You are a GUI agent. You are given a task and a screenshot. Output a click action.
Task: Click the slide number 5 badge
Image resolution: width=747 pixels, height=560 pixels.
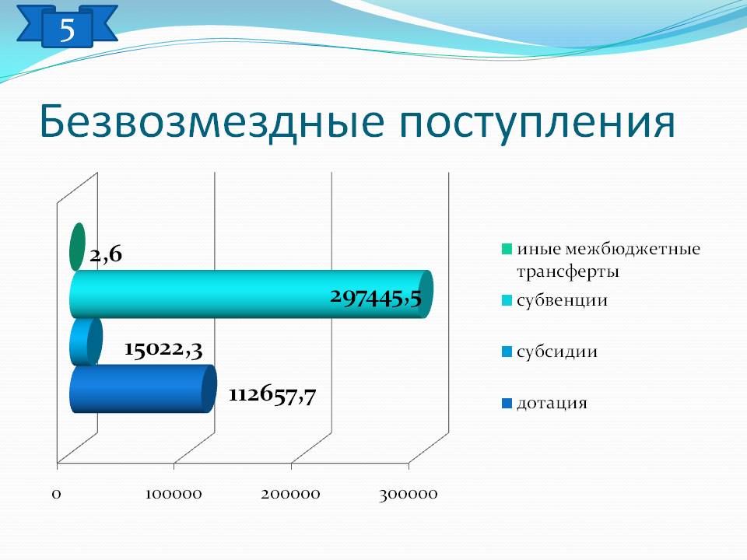point(67,28)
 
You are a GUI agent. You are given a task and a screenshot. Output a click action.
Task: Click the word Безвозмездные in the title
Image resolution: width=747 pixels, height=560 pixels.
point(212,121)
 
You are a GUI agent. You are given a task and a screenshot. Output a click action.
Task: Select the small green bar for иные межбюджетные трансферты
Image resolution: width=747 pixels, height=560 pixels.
point(77,247)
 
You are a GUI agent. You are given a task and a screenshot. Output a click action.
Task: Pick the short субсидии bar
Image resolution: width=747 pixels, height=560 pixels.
point(86,341)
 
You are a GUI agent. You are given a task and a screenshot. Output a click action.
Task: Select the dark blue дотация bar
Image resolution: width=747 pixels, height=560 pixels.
point(143,389)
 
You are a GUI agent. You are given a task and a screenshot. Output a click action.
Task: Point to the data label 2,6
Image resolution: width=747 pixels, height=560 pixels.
point(106,255)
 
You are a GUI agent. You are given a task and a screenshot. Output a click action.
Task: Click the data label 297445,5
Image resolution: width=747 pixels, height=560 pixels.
point(376,298)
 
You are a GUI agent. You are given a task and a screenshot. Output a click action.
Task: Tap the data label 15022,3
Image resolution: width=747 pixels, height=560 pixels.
point(163,349)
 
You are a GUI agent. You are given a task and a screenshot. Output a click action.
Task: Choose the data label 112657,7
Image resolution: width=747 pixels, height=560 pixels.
point(272,395)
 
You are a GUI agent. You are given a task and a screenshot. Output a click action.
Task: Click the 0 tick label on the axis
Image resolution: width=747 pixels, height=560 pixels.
point(56,494)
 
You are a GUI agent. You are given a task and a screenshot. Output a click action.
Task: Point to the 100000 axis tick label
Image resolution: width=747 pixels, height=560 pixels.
point(174,494)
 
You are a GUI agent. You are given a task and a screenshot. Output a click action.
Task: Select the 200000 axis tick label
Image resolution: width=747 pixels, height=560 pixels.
point(290,494)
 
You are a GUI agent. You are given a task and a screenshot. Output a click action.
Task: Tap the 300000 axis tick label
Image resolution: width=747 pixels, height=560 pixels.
point(409,495)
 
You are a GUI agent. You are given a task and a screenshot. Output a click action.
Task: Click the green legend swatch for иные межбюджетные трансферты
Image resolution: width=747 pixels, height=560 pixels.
point(507,249)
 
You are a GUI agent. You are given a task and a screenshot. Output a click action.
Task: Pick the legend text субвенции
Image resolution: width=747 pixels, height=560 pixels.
point(562,300)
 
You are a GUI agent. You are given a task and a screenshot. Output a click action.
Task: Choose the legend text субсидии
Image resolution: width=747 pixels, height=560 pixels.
point(557,352)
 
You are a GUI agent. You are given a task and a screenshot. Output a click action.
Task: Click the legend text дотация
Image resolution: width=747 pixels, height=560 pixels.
point(552,404)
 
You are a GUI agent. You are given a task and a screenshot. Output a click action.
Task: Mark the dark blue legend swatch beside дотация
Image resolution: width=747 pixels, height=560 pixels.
point(507,404)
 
